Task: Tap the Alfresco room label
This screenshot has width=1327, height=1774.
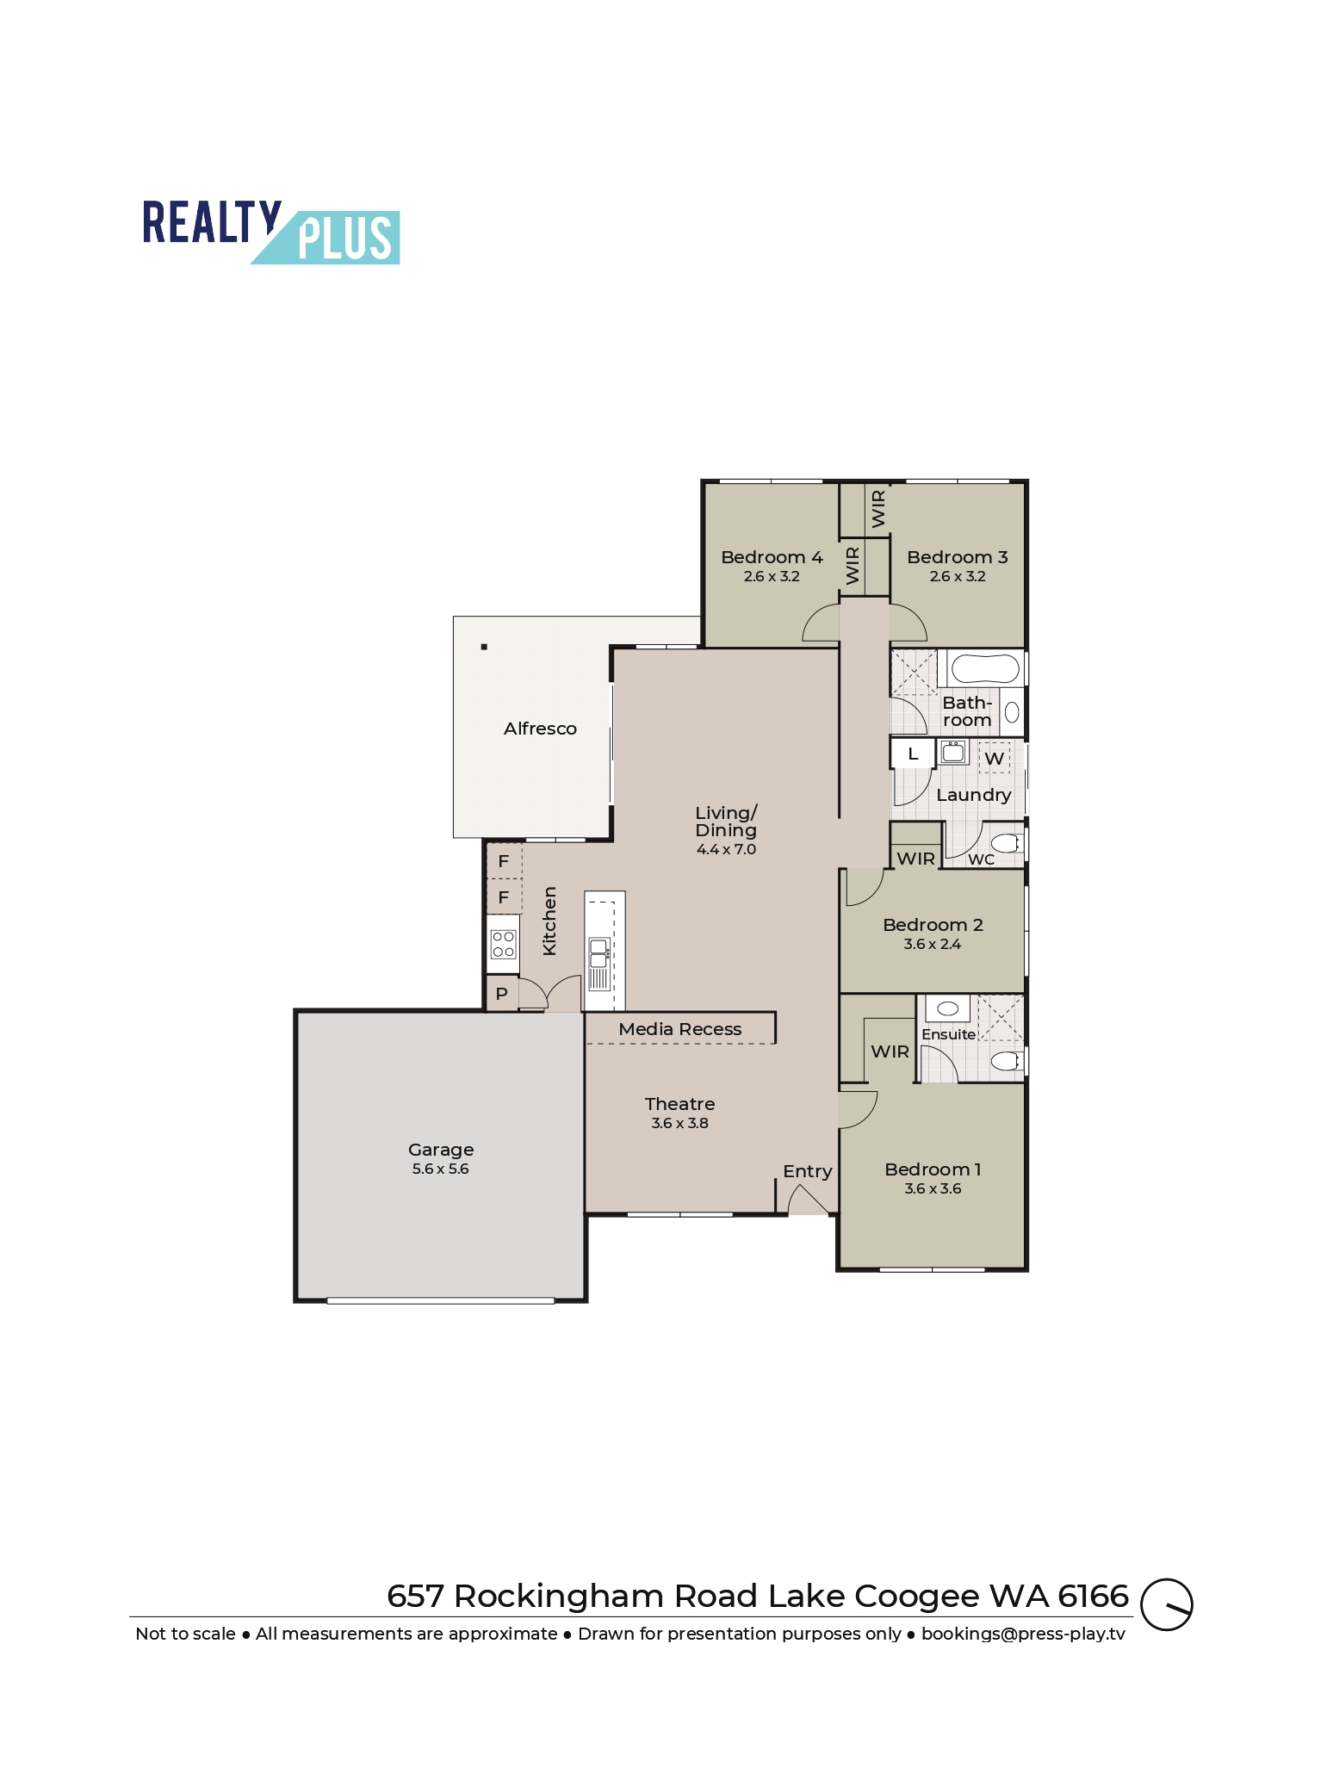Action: pyautogui.click(x=540, y=729)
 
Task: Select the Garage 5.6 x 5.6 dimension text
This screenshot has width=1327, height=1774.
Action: pyautogui.click(x=440, y=1169)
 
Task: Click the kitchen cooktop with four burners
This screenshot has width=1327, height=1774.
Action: pyautogui.click(x=503, y=945)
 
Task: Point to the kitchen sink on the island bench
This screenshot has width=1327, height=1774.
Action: pyautogui.click(x=598, y=954)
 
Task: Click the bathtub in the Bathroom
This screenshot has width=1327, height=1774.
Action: pyautogui.click(x=985, y=669)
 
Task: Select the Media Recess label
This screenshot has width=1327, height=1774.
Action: pyautogui.click(x=679, y=1029)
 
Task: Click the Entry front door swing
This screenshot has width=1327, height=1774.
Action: pyautogui.click(x=807, y=1200)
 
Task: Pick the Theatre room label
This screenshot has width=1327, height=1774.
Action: pyautogui.click(x=679, y=1104)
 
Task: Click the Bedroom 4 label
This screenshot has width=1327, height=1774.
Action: pyautogui.click(x=772, y=557)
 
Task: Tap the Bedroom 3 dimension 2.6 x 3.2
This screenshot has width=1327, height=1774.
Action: pyautogui.click(x=958, y=577)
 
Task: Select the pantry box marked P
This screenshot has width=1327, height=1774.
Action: pyautogui.click(x=502, y=994)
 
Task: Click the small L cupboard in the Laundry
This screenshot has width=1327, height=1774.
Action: pyautogui.click(x=913, y=754)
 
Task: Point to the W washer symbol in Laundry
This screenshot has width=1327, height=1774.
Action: pyautogui.click(x=994, y=759)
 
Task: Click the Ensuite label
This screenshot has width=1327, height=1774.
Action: pyautogui.click(x=948, y=1034)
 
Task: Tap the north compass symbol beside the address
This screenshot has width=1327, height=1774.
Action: pyautogui.click(x=1166, y=1604)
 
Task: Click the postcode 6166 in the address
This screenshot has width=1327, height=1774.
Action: pyautogui.click(x=1093, y=1597)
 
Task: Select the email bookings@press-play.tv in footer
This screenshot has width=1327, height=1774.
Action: pyautogui.click(x=1023, y=1634)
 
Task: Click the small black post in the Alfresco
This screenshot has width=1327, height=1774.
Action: pyautogui.click(x=484, y=647)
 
